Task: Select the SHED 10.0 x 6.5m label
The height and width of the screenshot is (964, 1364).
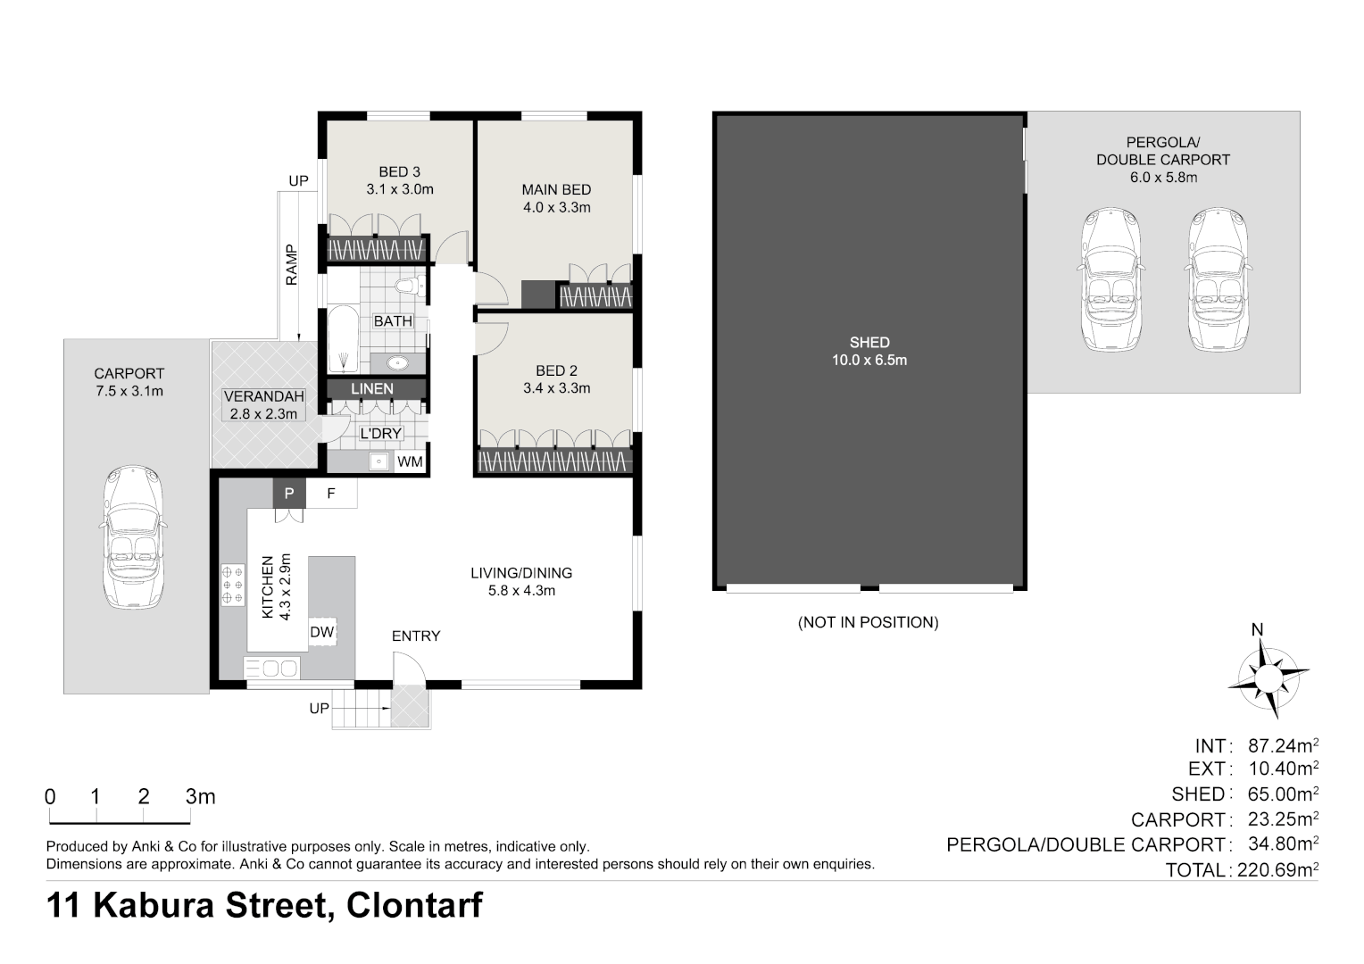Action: pyautogui.click(x=869, y=351)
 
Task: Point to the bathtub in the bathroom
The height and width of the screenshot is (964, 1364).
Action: pyautogui.click(x=343, y=340)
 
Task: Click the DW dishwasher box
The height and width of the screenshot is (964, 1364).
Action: pyautogui.click(x=321, y=633)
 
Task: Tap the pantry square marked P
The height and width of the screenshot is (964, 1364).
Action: pyautogui.click(x=288, y=493)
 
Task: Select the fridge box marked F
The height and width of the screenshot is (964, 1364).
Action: pyautogui.click(x=331, y=493)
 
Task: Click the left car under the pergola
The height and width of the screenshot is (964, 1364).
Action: pyautogui.click(x=1110, y=279)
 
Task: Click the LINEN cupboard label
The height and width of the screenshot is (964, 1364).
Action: pyautogui.click(x=372, y=389)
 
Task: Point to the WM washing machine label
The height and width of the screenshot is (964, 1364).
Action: pyautogui.click(x=410, y=461)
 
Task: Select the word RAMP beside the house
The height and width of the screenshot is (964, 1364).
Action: pyautogui.click(x=292, y=265)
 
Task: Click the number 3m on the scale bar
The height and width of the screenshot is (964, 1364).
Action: pyautogui.click(x=200, y=797)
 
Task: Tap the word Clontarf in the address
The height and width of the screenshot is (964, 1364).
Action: pyautogui.click(x=414, y=905)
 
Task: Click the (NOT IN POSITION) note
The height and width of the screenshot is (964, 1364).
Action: pyautogui.click(x=868, y=622)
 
